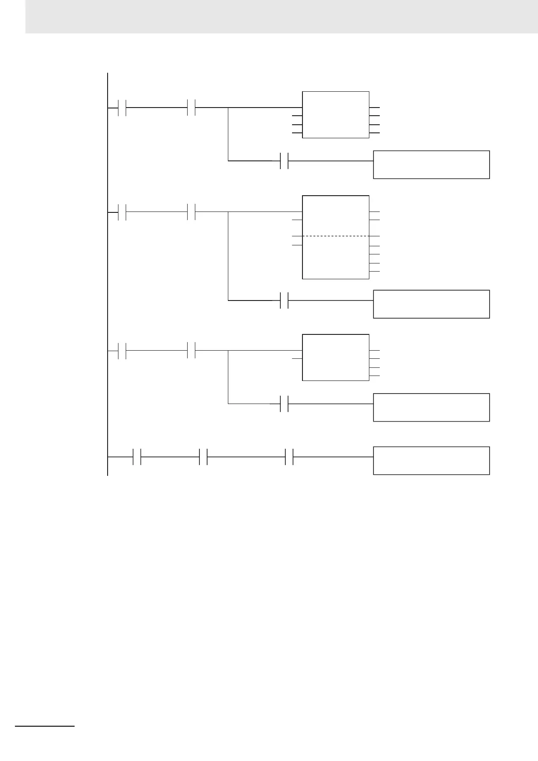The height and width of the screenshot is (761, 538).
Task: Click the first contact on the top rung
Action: [122, 108]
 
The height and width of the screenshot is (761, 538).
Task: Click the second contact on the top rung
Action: [191, 108]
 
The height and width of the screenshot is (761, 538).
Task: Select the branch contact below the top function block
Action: [284, 160]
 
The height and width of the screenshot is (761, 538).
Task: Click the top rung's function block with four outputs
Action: [335, 115]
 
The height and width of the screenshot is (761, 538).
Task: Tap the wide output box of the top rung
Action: [431, 164]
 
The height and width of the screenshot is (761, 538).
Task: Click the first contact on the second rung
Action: [122, 211]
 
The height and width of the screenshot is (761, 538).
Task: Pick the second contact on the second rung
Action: [191, 211]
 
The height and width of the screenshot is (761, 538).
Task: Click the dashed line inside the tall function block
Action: [335, 236]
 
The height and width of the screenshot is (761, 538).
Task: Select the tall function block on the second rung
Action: [335, 258]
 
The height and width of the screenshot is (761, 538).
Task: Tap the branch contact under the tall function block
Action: [284, 300]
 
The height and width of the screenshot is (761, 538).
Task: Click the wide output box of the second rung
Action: [431, 304]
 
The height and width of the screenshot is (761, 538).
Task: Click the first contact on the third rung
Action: [122, 350]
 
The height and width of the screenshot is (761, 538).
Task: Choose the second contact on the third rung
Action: [191, 350]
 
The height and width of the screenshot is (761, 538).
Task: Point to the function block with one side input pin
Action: [335, 357]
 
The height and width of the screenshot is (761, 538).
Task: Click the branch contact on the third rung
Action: [284, 404]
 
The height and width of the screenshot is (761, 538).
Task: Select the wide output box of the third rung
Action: [431, 408]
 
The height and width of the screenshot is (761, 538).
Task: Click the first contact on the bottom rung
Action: [137, 457]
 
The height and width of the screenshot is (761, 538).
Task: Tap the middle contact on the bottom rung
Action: [203, 457]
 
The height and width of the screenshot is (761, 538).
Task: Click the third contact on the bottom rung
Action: [289, 457]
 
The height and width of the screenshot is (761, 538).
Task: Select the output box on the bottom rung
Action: [431, 460]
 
